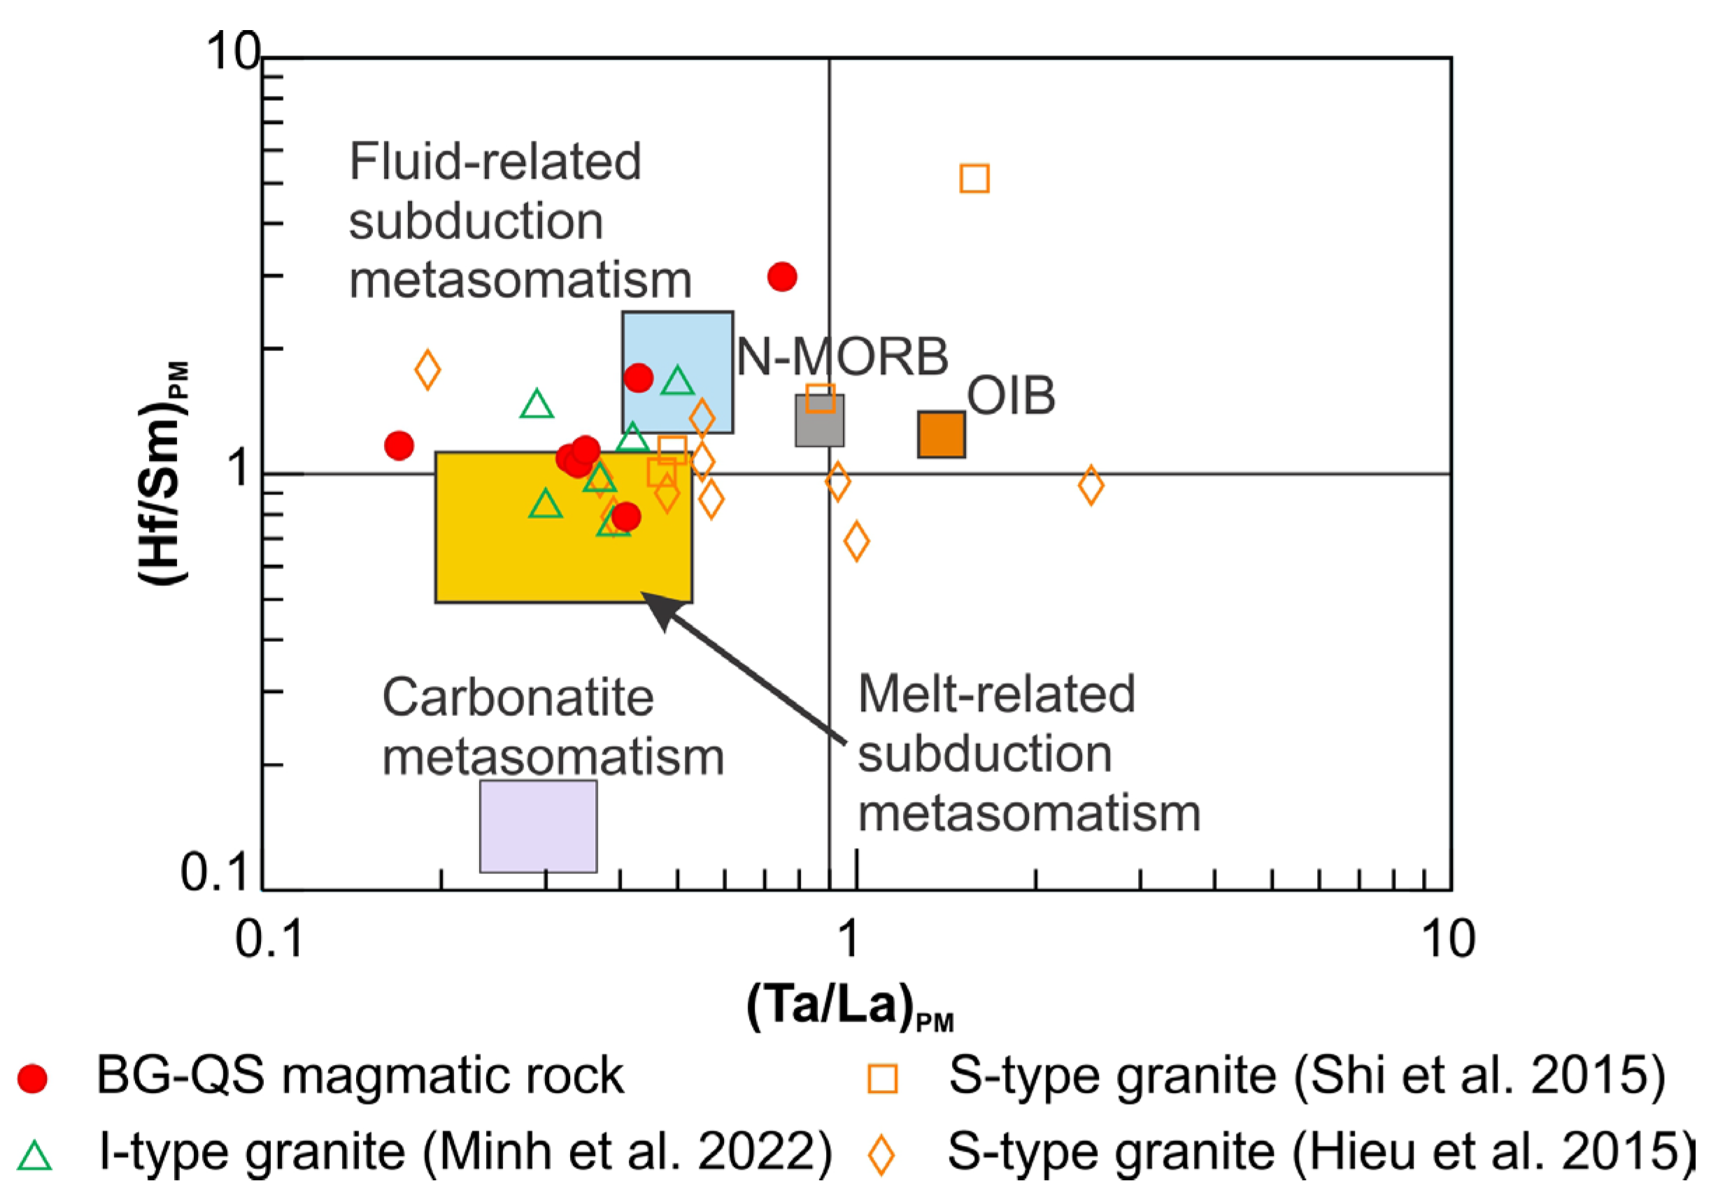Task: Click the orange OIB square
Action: (x=941, y=434)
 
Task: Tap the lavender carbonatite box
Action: (x=538, y=826)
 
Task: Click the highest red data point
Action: (x=782, y=276)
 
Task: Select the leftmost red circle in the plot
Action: (x=399, y=445)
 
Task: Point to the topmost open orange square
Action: (x=974, y=179)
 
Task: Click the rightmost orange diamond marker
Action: (x=1091, y=485)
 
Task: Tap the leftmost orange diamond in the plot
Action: (x=427, y=370)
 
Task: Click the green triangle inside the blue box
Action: (x=678, y=382)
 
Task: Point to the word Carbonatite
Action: (x=518, y=698)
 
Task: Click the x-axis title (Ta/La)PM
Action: (x=849, y=1006)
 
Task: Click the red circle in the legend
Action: (x=32, y=1079)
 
